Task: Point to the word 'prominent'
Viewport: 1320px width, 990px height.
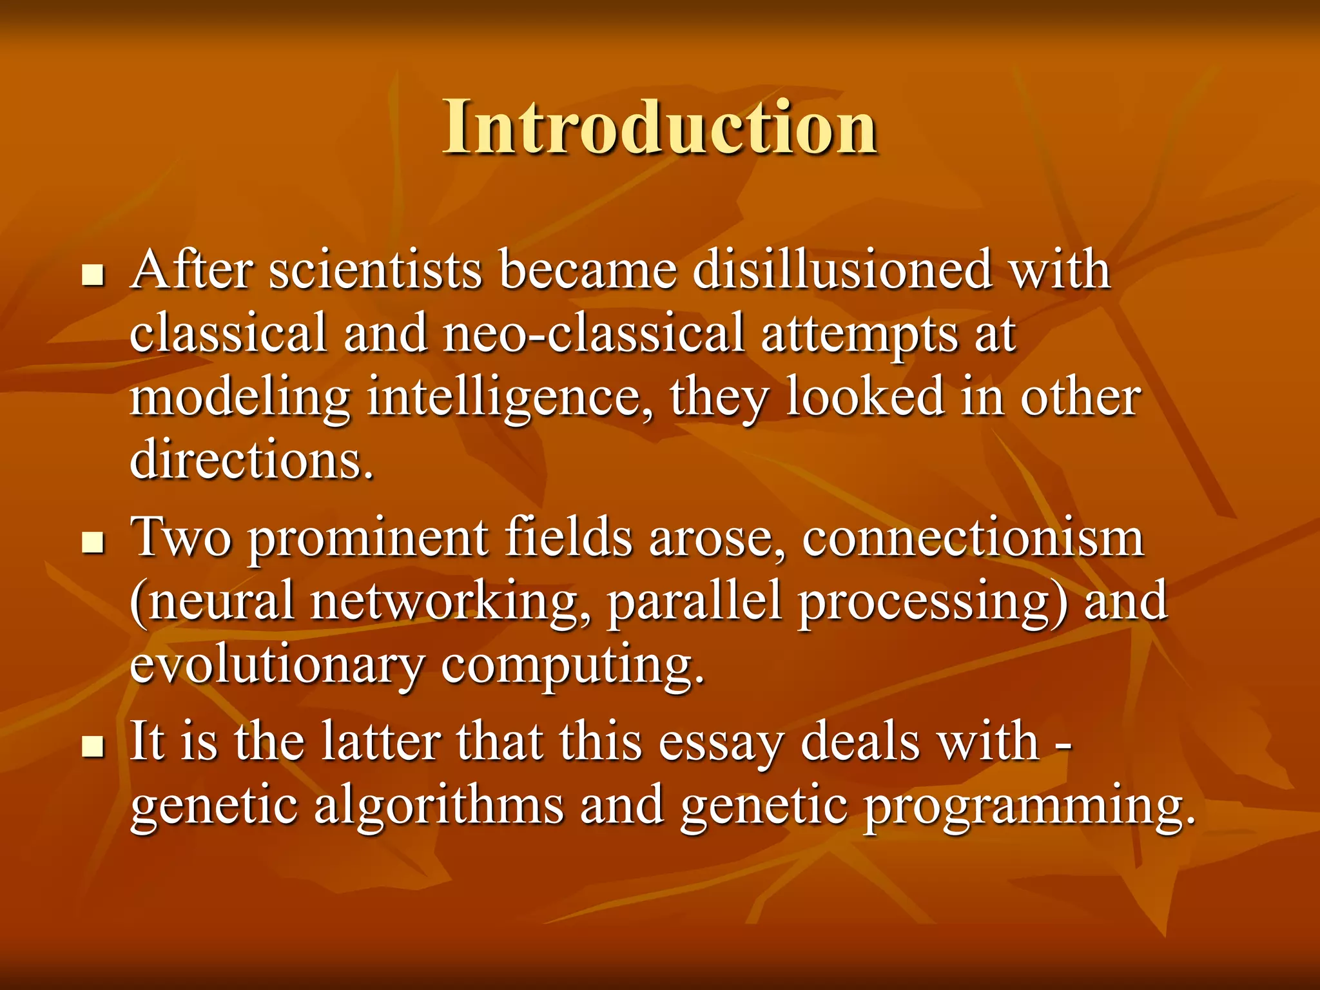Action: click(x=368, y=539)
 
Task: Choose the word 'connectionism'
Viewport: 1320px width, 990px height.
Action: click(x=973, y=538)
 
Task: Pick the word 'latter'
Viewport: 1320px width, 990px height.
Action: click(x=380, y=741)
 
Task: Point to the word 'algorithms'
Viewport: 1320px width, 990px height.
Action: click(x=438, y=806)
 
